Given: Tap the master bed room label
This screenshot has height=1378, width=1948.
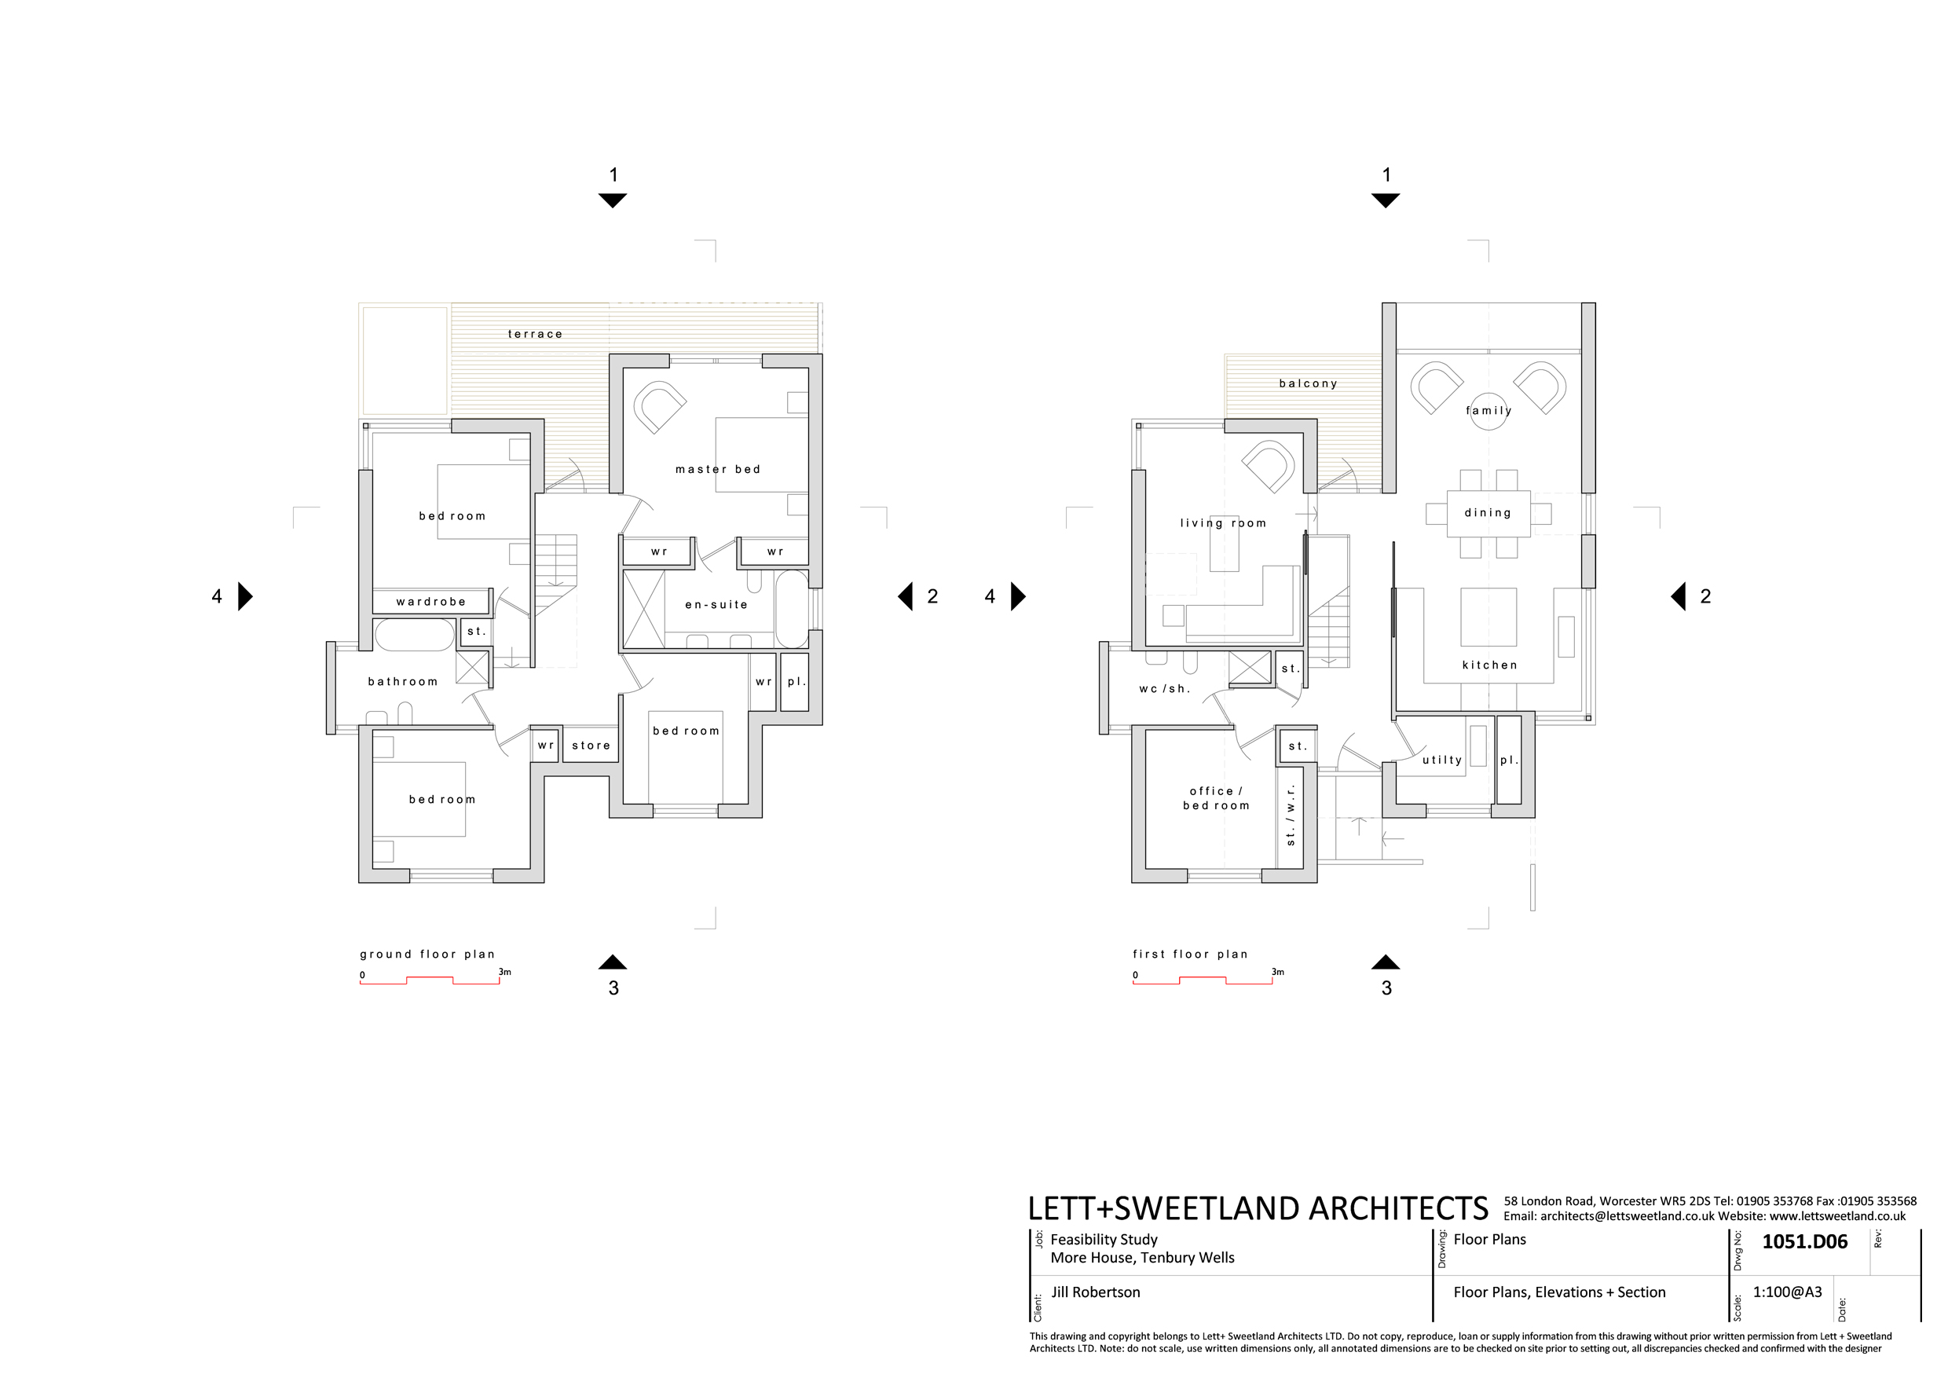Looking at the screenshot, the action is pyautogui.click(x=718, y=469).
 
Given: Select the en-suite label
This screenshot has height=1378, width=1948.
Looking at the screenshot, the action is pyautogui.click(x=716, y=605).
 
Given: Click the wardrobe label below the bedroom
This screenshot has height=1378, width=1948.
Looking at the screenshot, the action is pyautogui.click(x=431, y=602).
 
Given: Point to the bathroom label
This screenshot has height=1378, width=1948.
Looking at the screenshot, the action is pyautogui.click(x=403, y=681).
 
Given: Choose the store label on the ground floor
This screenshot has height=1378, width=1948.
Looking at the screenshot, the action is pyautogui.click(x=591, y=746).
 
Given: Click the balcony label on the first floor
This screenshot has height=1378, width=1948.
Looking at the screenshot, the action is pyautogui.click(x=1309, y=383).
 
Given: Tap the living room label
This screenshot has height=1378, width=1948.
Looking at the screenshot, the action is pyautogui.click(x=1222, y=523).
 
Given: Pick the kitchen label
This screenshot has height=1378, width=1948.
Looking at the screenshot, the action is pyautogui.click(x=1489, y=665).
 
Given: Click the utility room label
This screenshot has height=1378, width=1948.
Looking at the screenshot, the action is pyautogui.click(x=1441, y=760).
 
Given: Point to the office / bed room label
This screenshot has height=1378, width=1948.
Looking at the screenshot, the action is pyautogui.click(x=1216, y=798).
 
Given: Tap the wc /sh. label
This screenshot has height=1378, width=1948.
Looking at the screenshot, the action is pyautogui.click(x=1164, y=689).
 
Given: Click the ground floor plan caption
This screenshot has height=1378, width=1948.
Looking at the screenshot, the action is pyautogui.click(x=427, y=955).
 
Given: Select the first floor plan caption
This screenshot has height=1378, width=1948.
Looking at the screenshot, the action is pyautogui.click(x=1189, y=955).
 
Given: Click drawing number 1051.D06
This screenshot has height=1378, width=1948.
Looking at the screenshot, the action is pyautogui.click(x=1804, y=1242).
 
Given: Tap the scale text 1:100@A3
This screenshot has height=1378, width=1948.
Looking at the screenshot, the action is pyautogui.click(x=1787, y=1292).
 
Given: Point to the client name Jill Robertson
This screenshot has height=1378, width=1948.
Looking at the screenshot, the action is pyautogui.click(x=1095, y=1292).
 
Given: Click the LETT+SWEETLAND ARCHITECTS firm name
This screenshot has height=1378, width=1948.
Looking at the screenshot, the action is pyautogui.click(x=1258, y=1208).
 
